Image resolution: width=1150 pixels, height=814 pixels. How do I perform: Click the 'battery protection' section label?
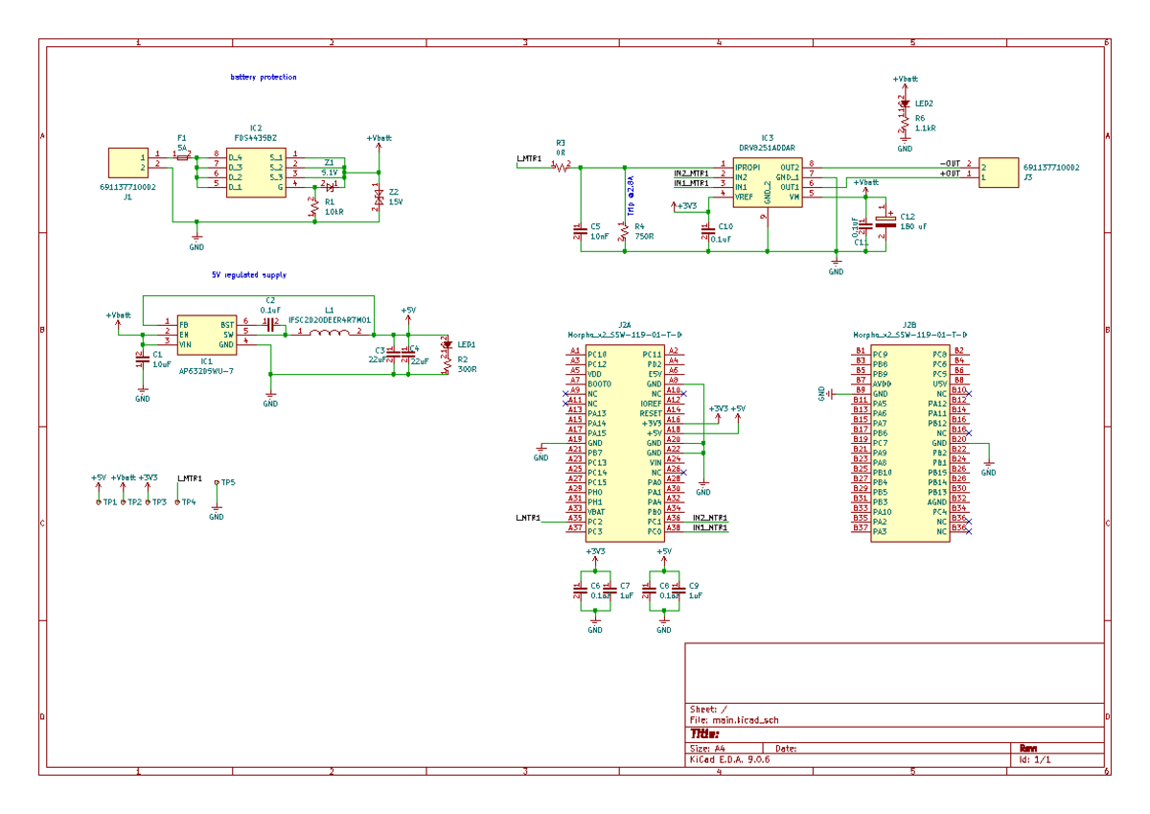264,77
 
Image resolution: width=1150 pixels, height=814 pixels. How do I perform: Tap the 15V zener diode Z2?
379,198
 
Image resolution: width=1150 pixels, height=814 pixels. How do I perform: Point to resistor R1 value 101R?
333,213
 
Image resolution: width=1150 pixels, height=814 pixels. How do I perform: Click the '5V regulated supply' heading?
249,275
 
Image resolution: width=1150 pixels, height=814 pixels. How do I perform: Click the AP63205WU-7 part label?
206,370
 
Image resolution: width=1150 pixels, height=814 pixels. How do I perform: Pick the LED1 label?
467,344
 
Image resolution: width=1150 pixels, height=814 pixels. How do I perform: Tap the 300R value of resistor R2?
467,368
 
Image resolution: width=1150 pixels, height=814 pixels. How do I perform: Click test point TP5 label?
228,482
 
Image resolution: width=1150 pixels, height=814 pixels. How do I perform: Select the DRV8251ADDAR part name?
766,149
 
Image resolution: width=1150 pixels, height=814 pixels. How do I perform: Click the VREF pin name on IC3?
745,196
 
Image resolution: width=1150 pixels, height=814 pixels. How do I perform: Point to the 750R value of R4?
644,236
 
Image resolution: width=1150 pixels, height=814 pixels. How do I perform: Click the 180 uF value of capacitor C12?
913,226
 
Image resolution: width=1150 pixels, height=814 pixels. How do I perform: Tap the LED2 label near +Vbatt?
924,103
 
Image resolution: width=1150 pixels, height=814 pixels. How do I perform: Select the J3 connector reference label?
1027,177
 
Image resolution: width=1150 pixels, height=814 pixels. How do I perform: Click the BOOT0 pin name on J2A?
599,384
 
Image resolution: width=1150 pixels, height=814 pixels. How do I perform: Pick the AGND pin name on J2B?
936,501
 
